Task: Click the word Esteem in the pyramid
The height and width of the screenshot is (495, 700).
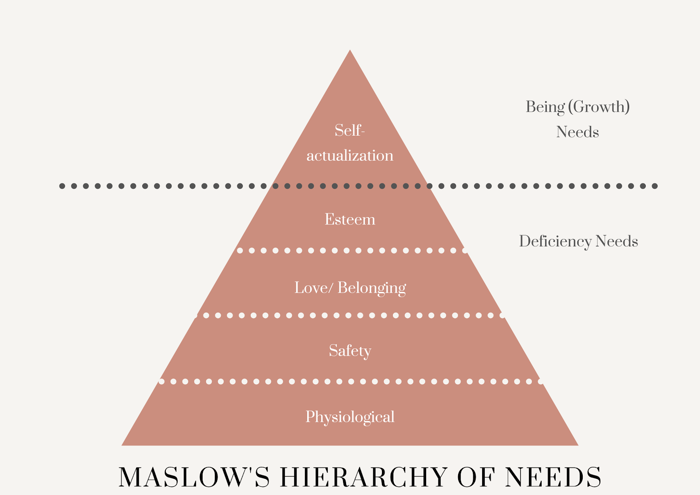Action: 350,219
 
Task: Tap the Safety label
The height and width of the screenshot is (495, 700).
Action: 350,351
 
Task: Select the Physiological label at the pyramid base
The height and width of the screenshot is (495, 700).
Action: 350,417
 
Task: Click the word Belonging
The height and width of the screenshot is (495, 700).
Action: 372,288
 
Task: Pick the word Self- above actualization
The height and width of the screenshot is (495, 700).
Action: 350,130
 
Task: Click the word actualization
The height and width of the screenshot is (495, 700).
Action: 350,155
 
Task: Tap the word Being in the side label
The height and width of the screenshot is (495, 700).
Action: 545,107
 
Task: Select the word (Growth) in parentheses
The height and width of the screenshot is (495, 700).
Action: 599,107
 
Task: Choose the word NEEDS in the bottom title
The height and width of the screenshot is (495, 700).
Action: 553,477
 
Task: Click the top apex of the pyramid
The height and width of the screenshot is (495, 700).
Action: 350,51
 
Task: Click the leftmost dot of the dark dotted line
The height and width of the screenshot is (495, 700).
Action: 62,186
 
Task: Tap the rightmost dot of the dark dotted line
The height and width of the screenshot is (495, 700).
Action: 654,186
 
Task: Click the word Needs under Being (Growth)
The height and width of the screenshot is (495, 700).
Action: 577,132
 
